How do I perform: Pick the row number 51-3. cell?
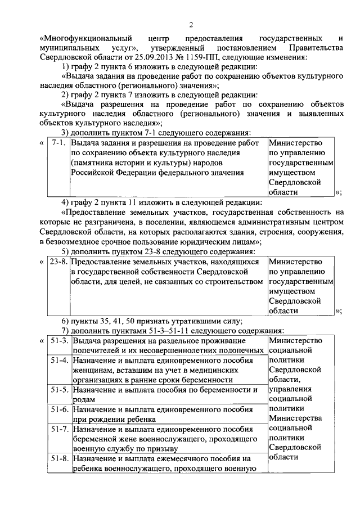(x=60, y=341)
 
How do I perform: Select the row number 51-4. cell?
(x=60, y=361)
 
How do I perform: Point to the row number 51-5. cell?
(x=60, y=389)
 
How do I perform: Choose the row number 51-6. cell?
(x=60, y=409)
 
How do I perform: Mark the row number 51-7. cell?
(x=60, y=429)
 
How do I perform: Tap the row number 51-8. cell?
(x=60, y=459)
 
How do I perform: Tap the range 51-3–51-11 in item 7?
(x=165, y=331)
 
